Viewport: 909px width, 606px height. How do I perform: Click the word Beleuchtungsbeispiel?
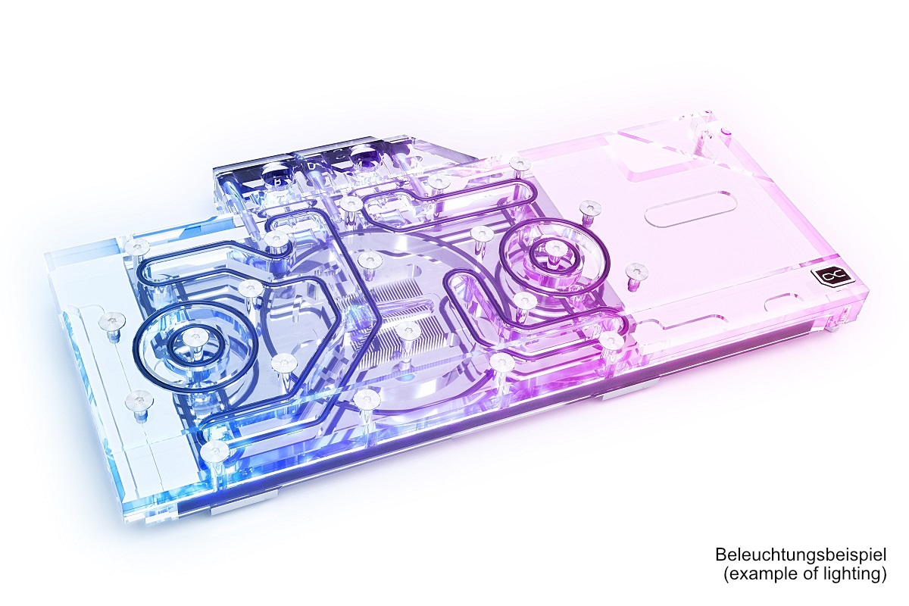[801, 554]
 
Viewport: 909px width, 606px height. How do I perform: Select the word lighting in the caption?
[852, 574]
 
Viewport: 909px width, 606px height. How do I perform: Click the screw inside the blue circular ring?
[195, 337]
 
